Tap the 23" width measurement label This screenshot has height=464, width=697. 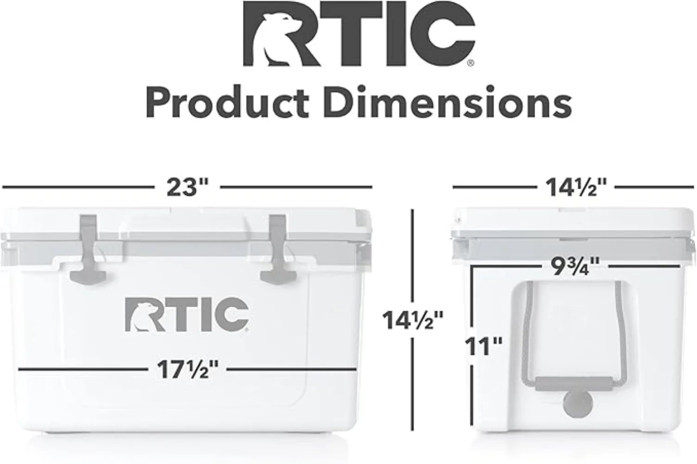pyautogui.click(x=187, y=187)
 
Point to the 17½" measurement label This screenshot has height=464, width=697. pyautogui.click(x=187, y=370)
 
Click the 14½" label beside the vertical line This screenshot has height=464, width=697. pyautogui.click(x=413, y=320)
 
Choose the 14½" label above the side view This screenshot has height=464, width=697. pyautogui.click(x=575, y=187)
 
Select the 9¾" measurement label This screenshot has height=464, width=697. pyautogui.click(x=575, y=266)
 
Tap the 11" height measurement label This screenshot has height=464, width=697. pyautogui.click(x=484, y=346)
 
